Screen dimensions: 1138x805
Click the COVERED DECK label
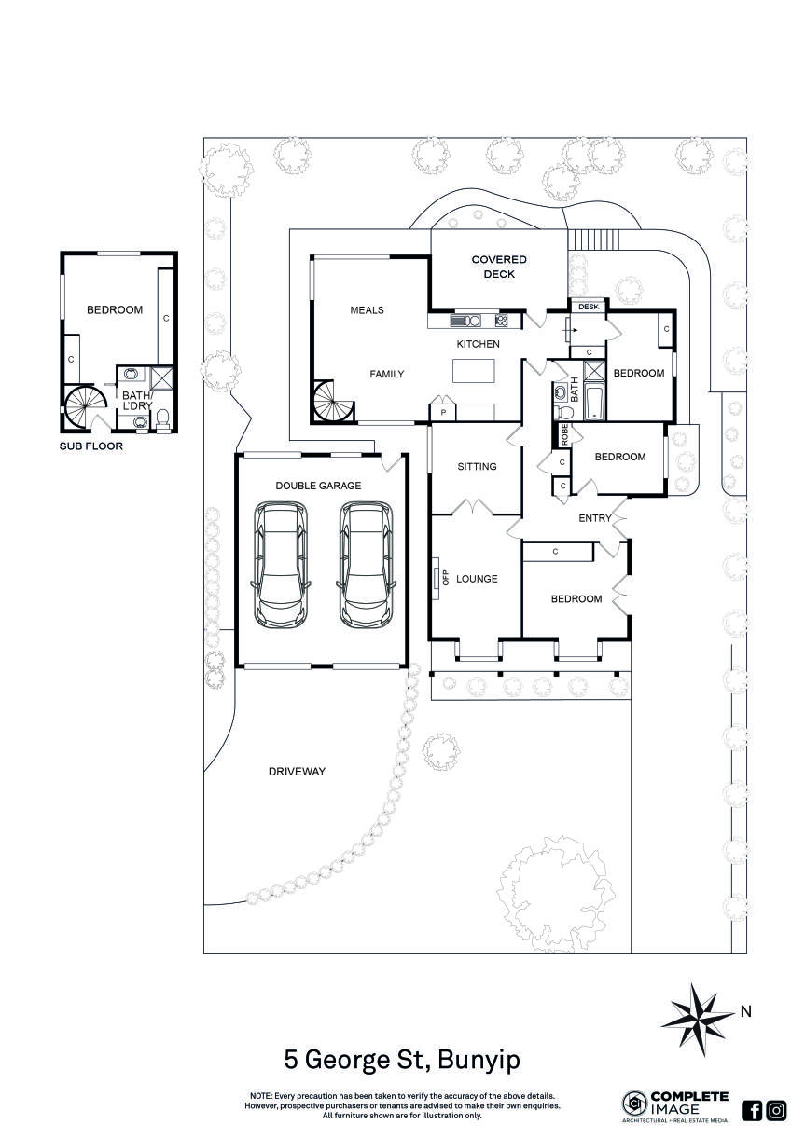click(x=499, y=267)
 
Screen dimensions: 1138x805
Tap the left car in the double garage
click(x=281, y=565)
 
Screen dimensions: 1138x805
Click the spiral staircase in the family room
click(x=332, y=403)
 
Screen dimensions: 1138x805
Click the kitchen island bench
click(x=476, y=371)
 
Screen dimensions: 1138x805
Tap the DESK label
click(x=589, y=307)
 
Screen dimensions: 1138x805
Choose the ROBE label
click(x=564, y=433)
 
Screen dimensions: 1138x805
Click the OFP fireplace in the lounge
click(x=437, y=578)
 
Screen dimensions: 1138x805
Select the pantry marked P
click(x=443, y=412)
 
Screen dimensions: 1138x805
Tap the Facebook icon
click(x=752, y=1110)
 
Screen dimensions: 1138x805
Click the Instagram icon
click(x=776, y=1110)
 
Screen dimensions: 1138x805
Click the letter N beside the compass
click(x=744, y=1010)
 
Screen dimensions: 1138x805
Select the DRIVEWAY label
click(x=297, y=772)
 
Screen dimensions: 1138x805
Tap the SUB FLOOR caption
click(x=91, y=446)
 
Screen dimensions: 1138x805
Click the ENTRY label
click(x=595, y=518)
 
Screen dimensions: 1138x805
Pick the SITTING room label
click(x=476, y=467)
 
